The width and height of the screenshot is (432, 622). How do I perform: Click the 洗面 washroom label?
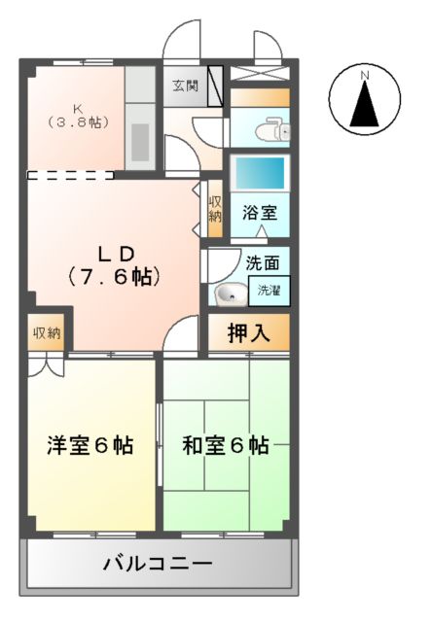point(262,262)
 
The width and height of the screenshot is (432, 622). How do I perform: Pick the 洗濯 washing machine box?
point(267,289)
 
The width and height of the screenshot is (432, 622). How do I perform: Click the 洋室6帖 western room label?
point(90,446)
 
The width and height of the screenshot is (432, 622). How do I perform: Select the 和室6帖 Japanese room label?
point(226,446)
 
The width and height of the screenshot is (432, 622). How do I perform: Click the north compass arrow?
point(366,103)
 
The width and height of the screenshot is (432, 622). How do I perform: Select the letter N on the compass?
point(366,75)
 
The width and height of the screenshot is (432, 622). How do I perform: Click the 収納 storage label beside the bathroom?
point(215,209)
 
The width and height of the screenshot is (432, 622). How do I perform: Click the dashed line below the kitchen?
point(68,176)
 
